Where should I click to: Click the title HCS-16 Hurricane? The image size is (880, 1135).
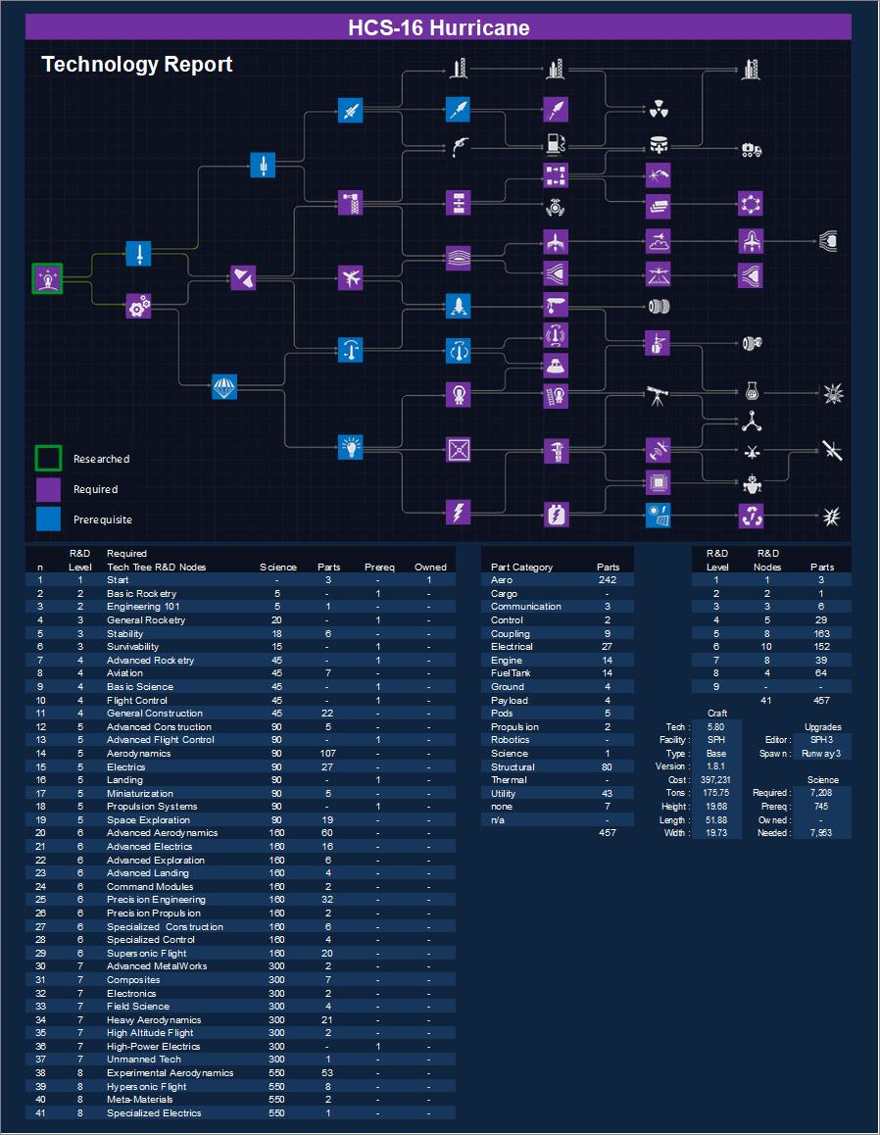pos(439,27)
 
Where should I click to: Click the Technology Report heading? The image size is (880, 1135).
pos(137,65)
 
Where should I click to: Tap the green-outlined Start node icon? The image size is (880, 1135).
pos(47,278)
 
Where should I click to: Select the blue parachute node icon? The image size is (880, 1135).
pos(225,387)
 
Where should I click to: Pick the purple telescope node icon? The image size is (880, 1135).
pos(658,395)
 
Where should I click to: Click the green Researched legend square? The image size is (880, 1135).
pos(49,459)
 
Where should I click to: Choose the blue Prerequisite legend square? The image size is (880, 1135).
pos(49,518)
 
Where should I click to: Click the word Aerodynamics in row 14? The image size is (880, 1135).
pos(138,754)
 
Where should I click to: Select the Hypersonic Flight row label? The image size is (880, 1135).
pos(147,1087)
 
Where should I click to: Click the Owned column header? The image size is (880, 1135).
pos(430,567)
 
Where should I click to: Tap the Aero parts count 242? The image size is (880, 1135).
pos(608,580)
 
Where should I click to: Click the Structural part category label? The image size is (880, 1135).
pos(513,766)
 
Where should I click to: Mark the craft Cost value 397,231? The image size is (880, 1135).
pos(716,780)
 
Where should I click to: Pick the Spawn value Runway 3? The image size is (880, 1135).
pos(821,754)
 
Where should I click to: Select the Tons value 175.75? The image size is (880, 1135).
pos(716,793)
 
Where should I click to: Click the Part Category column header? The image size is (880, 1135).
pos(521,567)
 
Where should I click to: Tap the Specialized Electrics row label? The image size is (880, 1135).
pos(154,1113)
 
